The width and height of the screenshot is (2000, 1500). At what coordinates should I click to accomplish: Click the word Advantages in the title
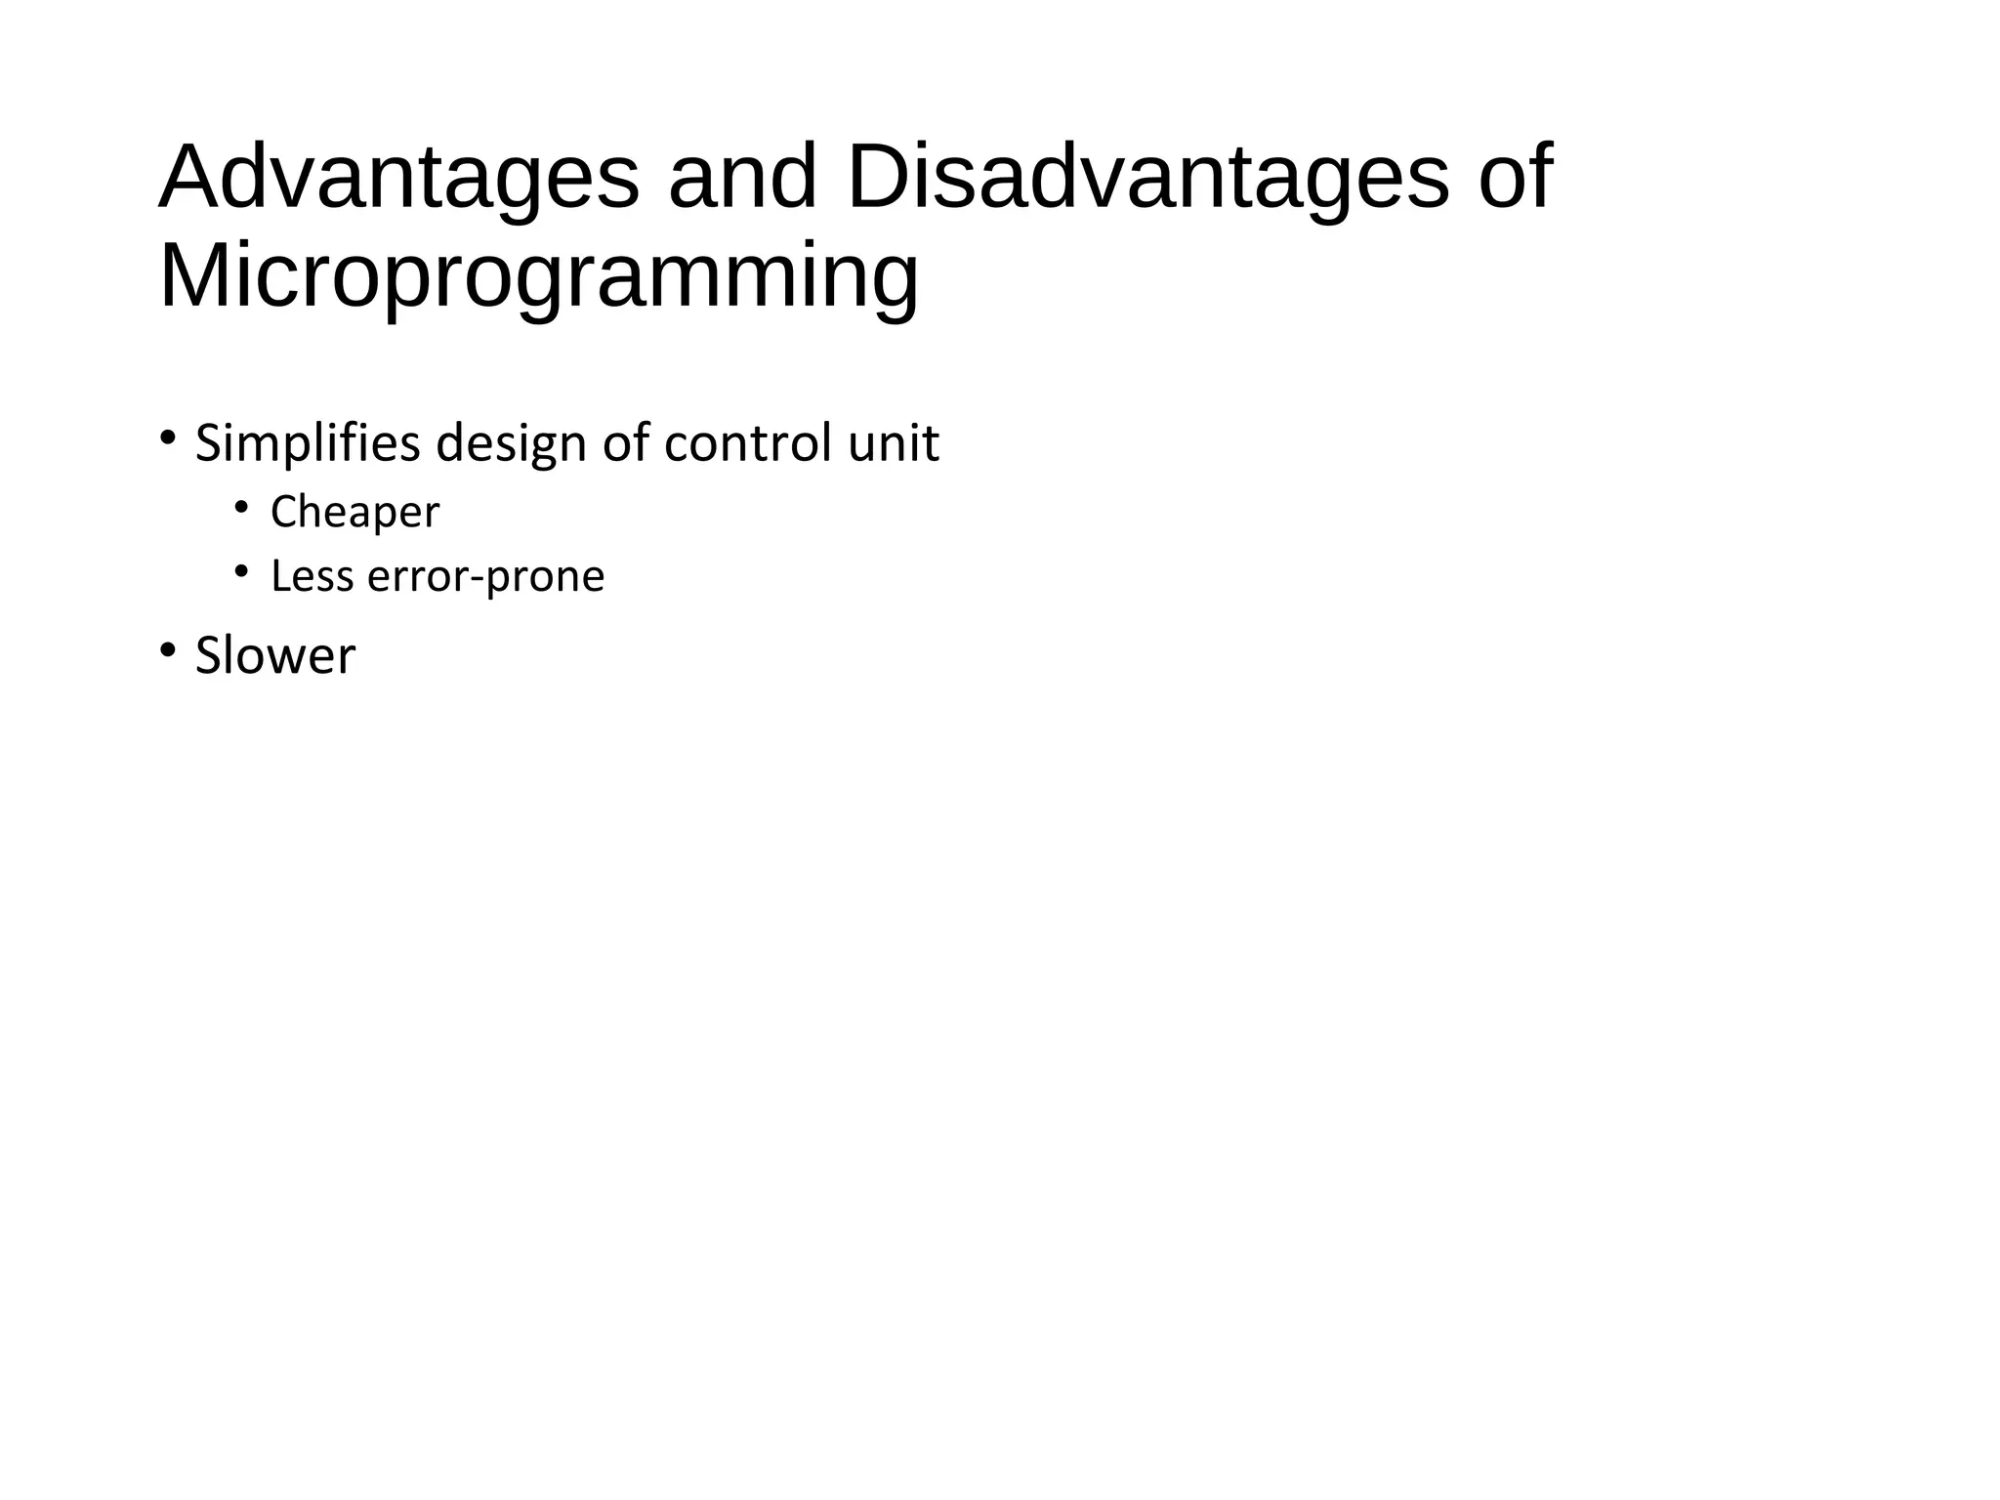click(398, 178)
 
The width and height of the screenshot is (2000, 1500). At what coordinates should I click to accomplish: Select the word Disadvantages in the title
click(1147, 178)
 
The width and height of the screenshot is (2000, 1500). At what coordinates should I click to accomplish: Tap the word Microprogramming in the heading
click(538, 277)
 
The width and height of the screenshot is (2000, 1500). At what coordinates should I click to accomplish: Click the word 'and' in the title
click(741, 178)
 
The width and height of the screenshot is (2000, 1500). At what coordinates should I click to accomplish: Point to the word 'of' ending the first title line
click(1514, 178)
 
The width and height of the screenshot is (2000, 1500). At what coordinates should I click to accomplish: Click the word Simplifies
click(309, 444)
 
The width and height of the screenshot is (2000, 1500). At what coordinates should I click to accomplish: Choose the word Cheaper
click(354, 513)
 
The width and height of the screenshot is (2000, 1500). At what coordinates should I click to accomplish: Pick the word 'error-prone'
click(485, 577)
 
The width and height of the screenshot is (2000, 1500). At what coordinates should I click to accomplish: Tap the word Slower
click(274, 655)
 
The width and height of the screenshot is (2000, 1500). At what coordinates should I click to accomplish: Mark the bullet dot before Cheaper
click(241, 505)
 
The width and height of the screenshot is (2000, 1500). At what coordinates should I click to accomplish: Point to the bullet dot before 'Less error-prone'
click(241, 569)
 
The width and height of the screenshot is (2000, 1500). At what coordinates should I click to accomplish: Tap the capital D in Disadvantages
click(876, 178)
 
